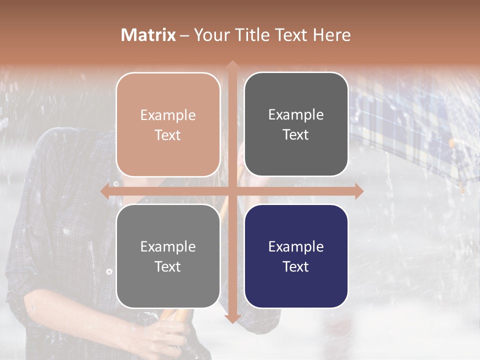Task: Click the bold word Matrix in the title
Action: [148, 35]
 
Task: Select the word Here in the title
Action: [331, 35]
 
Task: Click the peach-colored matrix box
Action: [168, 124]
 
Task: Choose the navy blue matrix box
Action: [296, 256]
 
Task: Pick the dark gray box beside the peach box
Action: [296, 124]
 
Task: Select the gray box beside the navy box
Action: [168, 256]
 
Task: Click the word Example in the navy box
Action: [296, 246]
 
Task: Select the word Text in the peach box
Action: [168, 135]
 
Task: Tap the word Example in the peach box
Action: [168, 115]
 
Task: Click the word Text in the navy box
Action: [296, 267]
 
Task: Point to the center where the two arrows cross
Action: [232, 191]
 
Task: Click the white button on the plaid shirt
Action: [109, 271]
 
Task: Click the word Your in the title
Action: [210, 35]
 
